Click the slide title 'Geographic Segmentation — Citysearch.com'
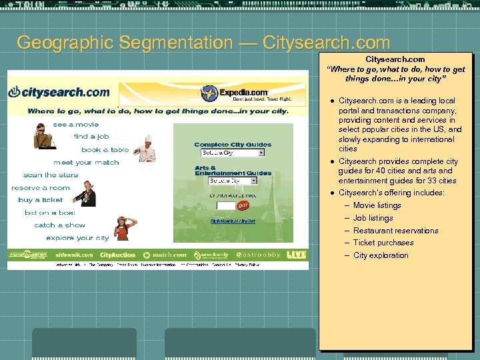pos(203,43)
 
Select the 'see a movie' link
pos(75,125)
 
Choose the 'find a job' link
pos(91,137)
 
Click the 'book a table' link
pos(105,150)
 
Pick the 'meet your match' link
pos(86,163)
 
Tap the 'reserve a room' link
pos(41,188)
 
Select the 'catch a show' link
pos(60,225)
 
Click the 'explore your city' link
pos(77,238)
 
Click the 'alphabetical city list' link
pos(233,221)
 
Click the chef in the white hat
pos(145,149)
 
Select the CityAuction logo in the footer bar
pos(117,255)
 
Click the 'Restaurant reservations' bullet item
pos(395,231)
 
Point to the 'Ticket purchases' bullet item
pos(383,243)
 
